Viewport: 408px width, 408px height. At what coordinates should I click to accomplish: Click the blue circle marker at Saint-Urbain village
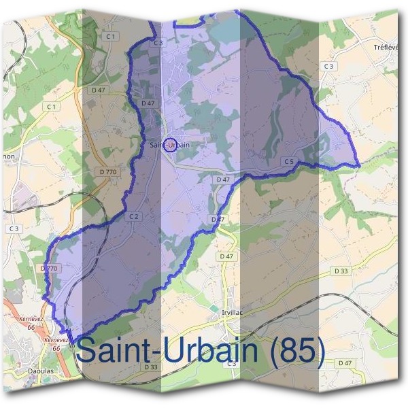[171, 143]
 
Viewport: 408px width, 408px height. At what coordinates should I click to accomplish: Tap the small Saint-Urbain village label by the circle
[169, 145]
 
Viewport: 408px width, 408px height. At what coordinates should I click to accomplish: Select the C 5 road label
[289, 161]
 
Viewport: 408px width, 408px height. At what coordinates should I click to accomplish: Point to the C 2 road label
[134, 216]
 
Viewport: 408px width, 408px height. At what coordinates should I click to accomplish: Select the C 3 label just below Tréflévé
[329, 66]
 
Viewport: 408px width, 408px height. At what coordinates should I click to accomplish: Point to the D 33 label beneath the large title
[151, 367]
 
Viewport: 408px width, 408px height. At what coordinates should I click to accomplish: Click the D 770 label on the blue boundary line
[49, 269]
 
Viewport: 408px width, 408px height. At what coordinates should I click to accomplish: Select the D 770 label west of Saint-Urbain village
[107, 172]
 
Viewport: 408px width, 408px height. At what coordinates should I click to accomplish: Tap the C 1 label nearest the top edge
[112, 35]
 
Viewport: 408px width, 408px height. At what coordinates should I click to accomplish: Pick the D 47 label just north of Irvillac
[227, 256]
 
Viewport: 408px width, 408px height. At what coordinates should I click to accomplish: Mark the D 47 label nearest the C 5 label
[222, 179]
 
